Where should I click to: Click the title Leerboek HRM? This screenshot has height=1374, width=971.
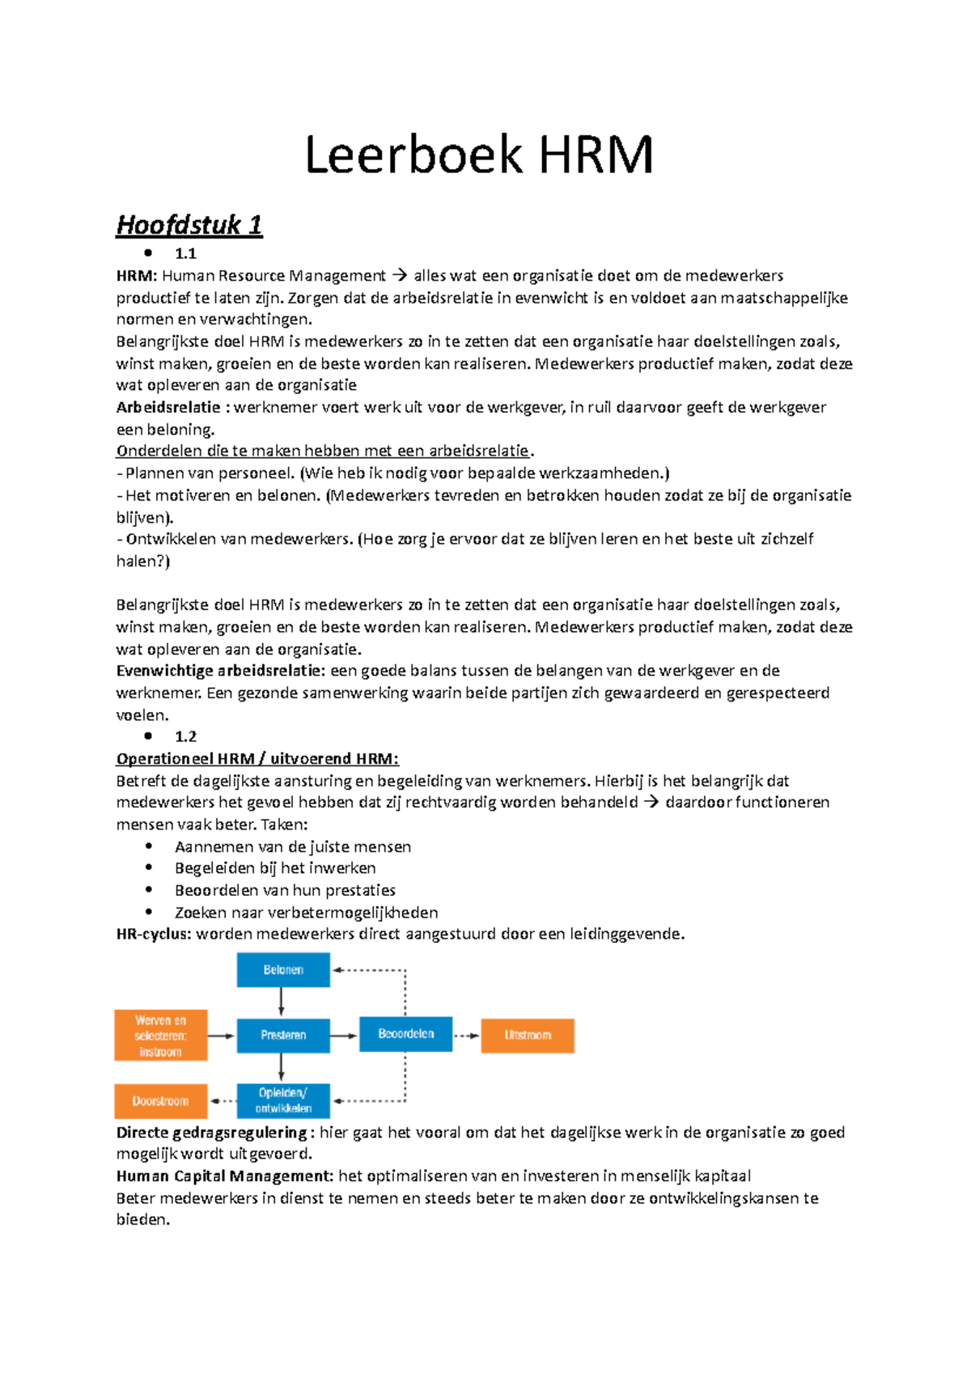[479, 155]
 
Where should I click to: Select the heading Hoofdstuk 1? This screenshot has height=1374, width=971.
[189, 225]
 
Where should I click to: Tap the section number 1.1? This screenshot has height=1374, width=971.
[185, 253]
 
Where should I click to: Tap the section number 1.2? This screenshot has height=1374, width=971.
[185, 736]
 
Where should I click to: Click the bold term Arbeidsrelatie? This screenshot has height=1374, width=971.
[168, 407]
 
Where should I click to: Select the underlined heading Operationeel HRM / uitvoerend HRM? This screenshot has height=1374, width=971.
[257, 759]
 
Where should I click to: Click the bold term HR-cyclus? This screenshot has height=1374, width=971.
[154, 935]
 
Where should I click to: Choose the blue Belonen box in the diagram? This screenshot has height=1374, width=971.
[283, 969]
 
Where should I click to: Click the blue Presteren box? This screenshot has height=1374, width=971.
[283, 1035]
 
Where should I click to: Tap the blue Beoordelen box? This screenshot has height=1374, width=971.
[405, 1034]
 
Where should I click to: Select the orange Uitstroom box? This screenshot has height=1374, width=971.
[528, 1035]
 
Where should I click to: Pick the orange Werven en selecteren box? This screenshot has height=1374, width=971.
[160, 1035]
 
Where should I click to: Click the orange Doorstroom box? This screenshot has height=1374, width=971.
[160, 1100]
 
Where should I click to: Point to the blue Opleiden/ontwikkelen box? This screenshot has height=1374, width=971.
[283, 1100]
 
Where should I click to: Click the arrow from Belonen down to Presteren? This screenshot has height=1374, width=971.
[282, 1002]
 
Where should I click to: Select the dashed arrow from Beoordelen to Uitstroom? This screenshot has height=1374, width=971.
[466, 1035]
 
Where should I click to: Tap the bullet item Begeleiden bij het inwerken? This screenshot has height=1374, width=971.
[275, 868]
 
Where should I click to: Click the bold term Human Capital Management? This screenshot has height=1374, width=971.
[224, 1177]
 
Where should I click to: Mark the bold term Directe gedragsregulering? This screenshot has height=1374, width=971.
[212, 1133]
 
